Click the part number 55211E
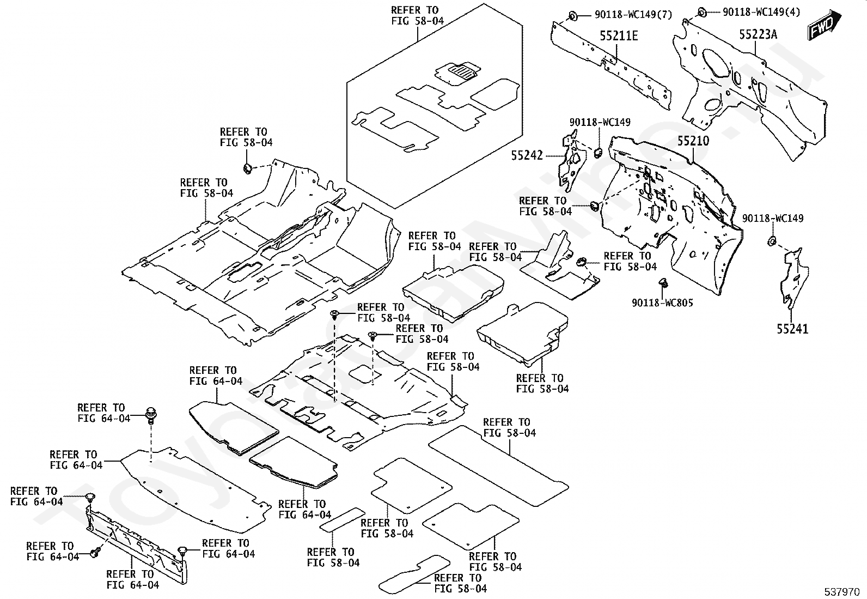pyautogui.click(x=619, y=36)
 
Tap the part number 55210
pyautogui.click(x=693, y=141)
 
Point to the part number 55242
pyautogui.click(x=527, y=156)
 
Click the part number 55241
pyautogui.click(x=792, y=329)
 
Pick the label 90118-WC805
pyautogui.click(x=662, y=302)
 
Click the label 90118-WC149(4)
pyautogui.click(x=761, y=12)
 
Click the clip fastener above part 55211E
pyautogui.click(x=572, y=15)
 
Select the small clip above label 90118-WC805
pyautogui.click(x=663, y=282)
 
